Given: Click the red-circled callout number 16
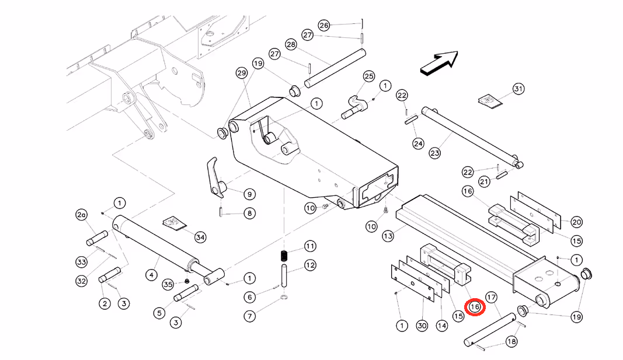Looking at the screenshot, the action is pos(475,307).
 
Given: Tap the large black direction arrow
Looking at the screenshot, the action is pos(440,62).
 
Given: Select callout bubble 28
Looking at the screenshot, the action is pos(291,44).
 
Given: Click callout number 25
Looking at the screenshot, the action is pos(369,76).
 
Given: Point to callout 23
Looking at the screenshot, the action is pos(434,153).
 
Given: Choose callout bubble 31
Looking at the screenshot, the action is pos(518,89).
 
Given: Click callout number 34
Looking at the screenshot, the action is pos(200,237).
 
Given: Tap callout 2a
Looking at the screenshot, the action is pos(81,215).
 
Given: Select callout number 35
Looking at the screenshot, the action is pos(168,284).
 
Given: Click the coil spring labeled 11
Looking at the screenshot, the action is pos(284,256).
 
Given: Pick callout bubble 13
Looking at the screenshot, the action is pos(388,236).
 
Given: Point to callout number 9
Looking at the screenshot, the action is pos(249,194).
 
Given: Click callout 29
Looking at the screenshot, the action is pos(242,72).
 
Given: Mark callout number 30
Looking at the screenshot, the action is pos(422,326).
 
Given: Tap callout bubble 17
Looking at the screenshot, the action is pos(492,298).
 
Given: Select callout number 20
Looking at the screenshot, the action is pos(576,222).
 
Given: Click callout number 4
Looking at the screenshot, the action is pos(151,275).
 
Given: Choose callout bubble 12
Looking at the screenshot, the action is pos(310,265).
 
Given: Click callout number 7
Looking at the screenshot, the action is pos(249,316).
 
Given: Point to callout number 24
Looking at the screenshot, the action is pos(418,144).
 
